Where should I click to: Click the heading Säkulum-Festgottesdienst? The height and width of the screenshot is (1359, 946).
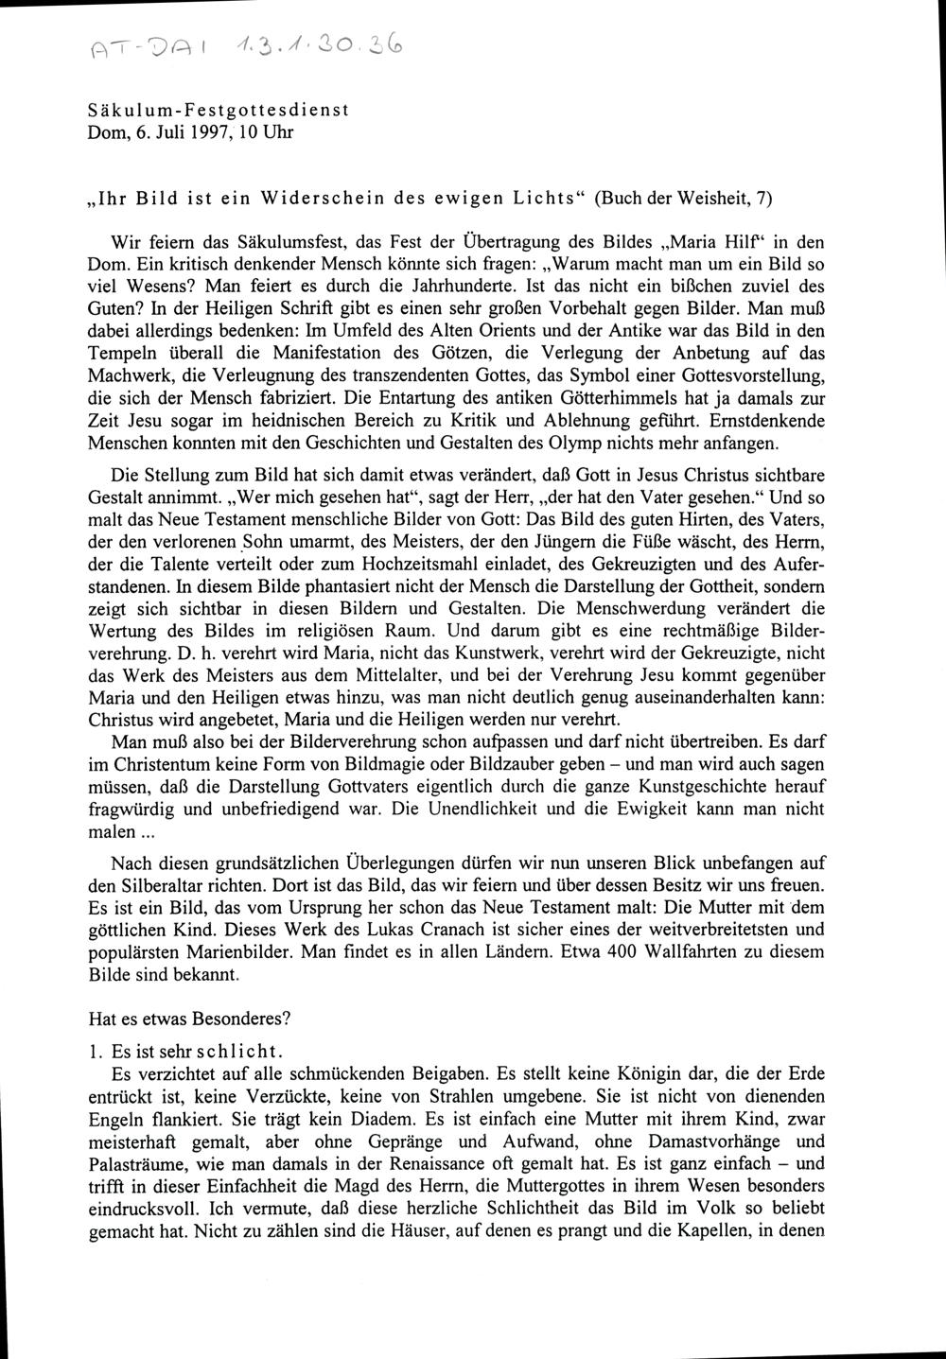pos(218,109)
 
